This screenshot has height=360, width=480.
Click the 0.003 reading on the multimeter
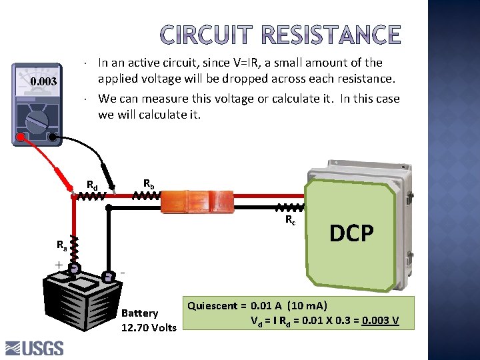pyautogui.click(x=43, y=82)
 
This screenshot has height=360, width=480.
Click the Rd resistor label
pyautogui.click(x=93, y=185)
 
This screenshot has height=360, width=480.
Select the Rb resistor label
pyautogui.click(x=149, y=183)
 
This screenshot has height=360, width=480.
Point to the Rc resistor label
pyautogui.click(x=291, y=219)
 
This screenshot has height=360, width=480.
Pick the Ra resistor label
pyautogui.click(x=61, y=245)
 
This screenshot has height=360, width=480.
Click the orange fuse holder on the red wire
pyautogui.click(x=197, y=200)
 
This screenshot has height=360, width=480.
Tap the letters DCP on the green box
pyautogui.click(x=352, y=233)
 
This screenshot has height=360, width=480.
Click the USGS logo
pyautogui.click(x=35, y=348)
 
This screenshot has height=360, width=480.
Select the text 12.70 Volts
pyautogui.click(x=149, y=327)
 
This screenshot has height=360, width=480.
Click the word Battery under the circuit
pyautogui.click(x=140, y=313)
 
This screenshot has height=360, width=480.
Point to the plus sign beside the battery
pyautogui.click(x=59, y=265)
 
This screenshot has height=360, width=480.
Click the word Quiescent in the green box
pyautogui.click(x=212, y=306)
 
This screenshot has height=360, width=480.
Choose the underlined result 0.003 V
pyautogui.click(x=380, y=321)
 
